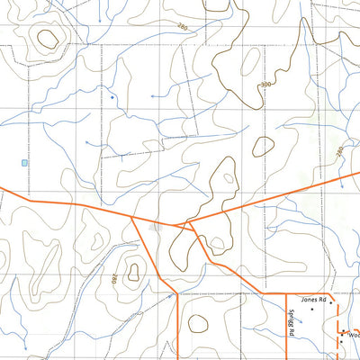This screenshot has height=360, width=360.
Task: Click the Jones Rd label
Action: point(312,299)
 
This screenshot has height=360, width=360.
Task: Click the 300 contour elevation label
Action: point(264,85)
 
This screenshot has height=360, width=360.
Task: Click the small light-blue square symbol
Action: point(24,163)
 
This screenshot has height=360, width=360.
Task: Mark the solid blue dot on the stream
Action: point(112,96)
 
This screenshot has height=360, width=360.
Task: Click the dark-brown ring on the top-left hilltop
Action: point(48,38)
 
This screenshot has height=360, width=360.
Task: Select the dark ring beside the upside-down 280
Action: point(133,268)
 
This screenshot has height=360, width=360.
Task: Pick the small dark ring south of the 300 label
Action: point(264,145)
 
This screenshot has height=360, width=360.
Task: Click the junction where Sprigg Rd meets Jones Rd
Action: point(286,294)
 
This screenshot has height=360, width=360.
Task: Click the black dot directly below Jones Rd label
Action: point(311,310)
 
